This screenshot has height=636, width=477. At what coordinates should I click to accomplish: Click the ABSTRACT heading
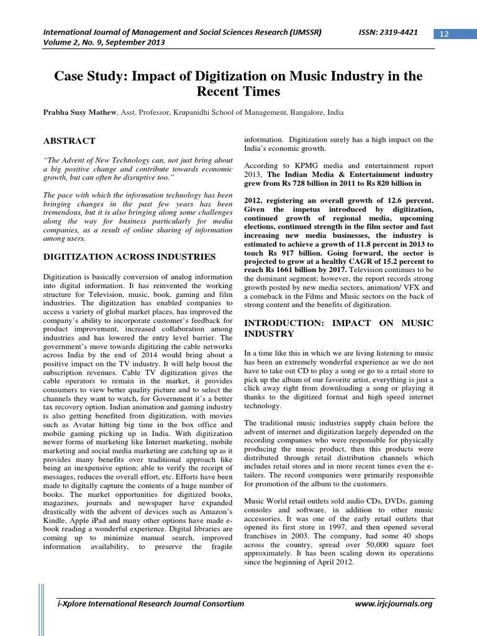point(69,141)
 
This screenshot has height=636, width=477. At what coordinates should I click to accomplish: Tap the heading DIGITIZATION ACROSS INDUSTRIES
point(129,256)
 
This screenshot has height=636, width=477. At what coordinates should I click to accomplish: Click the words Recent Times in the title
point(238,92)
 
